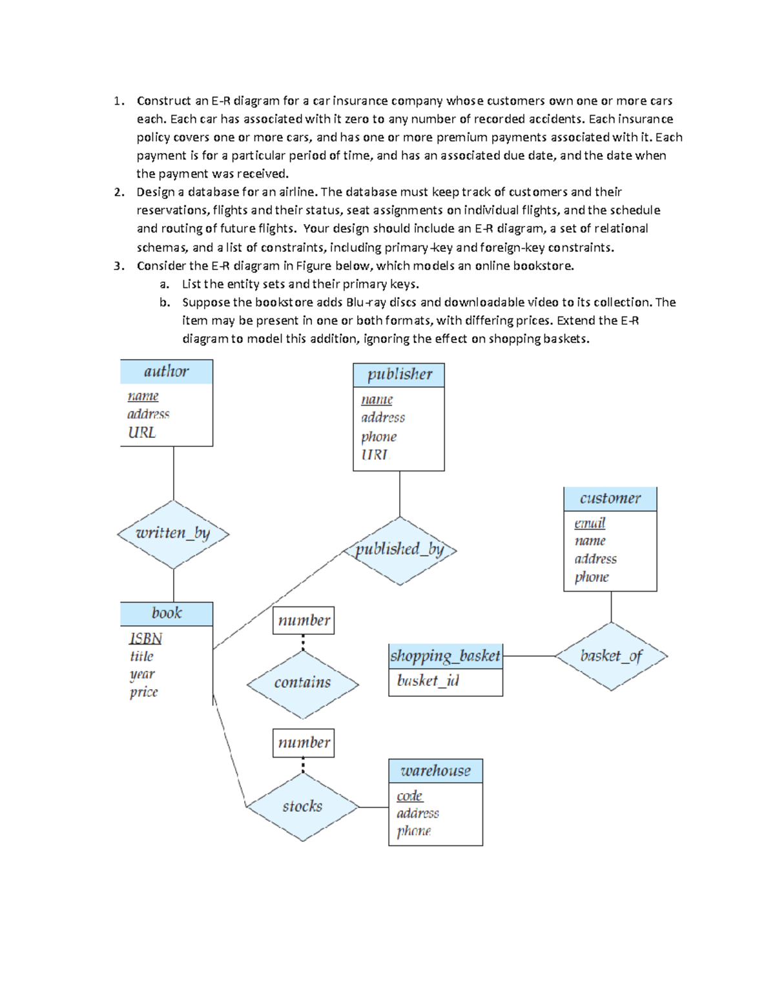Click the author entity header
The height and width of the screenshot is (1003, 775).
[166, 371]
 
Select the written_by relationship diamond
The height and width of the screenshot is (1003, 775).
[173, 533]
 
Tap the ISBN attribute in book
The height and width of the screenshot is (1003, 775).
[145, 638]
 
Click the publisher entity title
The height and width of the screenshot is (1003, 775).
[399, 375]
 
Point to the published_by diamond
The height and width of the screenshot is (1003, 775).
[400, 550]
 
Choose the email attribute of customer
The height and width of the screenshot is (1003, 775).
[590, 522]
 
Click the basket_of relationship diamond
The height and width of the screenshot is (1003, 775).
[611, 656]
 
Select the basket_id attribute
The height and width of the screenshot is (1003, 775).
[428, 681]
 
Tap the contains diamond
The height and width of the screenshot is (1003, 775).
[302, 683]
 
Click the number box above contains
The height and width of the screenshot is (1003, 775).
[304, 621]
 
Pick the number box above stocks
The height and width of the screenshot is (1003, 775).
[304, 743]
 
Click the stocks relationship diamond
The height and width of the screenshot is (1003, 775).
[302, 806]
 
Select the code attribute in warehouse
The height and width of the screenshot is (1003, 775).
[409, 796]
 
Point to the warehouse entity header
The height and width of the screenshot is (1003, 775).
[435, 770]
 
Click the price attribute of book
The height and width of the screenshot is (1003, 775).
[143, 692]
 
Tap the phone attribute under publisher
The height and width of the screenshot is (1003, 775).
[378, 437]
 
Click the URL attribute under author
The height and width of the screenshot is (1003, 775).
[141, 432]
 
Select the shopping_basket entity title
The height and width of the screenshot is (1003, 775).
[445, 656]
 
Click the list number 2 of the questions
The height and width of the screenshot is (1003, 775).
[119, 192]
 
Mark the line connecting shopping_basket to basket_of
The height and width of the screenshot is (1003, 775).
[528, 656]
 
